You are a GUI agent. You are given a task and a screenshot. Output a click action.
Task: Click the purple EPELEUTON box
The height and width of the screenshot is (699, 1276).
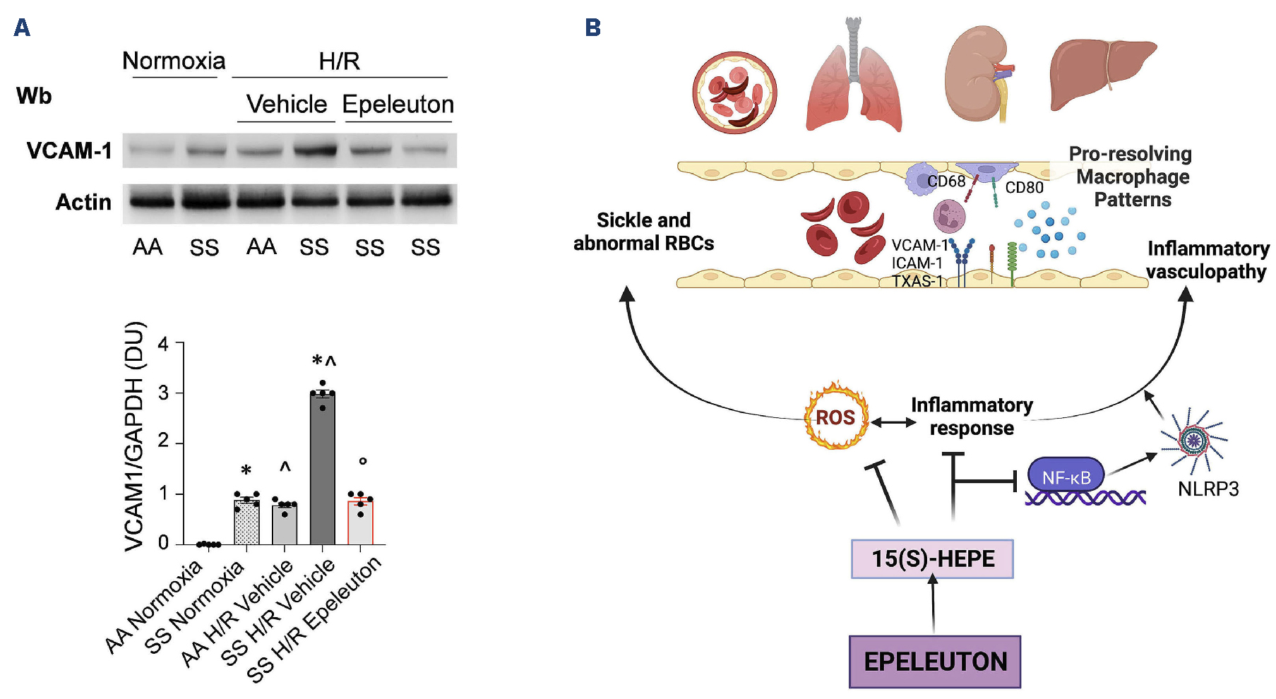[934, 662]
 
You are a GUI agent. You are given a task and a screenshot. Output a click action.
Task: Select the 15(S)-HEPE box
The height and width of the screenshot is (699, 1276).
[932, 558]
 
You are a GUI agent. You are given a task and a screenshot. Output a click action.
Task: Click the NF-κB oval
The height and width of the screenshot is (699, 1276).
[1066, 477]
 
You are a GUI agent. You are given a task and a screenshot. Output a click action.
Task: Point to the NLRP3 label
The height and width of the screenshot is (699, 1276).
[1208, 489]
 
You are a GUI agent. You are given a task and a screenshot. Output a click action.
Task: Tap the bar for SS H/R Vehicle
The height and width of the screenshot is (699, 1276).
[323, 470]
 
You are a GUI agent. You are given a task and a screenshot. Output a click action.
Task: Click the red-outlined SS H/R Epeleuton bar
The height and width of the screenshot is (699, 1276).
[360, 522]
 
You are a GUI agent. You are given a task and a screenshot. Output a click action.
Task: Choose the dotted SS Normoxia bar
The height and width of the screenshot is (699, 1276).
[246, 522]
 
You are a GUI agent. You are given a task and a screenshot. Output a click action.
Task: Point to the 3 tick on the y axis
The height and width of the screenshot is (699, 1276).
[164, 393]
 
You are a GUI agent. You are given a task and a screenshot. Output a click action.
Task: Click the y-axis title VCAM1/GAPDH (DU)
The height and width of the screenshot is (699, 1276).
[134, 436]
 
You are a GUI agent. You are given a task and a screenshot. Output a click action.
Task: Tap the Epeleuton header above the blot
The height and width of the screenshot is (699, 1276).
[398, 104]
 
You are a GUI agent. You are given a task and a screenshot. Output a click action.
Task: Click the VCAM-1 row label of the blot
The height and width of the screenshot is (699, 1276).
[69, 150]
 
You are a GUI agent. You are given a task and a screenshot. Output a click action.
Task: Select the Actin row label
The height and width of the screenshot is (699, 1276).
[83, 203]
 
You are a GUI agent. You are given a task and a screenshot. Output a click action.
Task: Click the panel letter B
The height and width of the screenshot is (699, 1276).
[592, 28]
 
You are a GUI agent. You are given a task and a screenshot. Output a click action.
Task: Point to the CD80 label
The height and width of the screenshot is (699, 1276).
[1024, 188]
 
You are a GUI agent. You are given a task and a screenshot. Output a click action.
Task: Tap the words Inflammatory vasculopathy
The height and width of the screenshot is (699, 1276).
[1207, 260]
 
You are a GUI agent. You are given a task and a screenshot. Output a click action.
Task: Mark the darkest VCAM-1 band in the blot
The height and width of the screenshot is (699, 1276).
[314, 150]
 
